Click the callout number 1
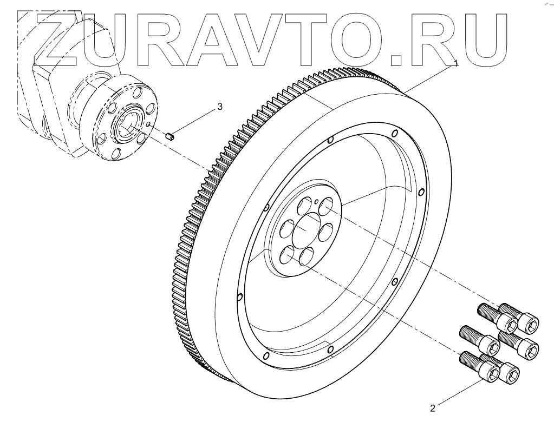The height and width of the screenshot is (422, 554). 456,63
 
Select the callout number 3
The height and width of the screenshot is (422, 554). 220,107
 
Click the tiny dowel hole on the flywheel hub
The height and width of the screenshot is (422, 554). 315,201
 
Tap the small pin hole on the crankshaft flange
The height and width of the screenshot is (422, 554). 147,123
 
